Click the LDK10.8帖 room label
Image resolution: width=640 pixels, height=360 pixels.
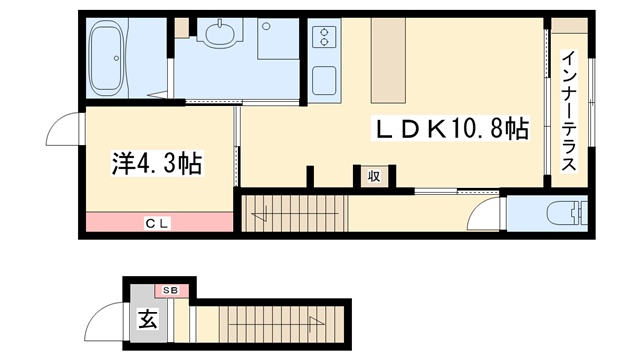coord(451,128)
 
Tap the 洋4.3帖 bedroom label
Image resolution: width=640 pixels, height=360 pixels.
coord(158,164)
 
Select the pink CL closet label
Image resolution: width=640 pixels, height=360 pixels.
coord(157,223)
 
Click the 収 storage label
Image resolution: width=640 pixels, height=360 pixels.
coord(374,177)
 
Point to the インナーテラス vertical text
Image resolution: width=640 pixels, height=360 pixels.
coord(569,111)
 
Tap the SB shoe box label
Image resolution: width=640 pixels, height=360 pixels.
coord(171,291)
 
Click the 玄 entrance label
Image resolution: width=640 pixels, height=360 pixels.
coord(148,319)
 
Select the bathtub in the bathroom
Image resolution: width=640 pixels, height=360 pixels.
coord(106,58)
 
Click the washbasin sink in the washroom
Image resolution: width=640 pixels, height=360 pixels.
coord(220,32)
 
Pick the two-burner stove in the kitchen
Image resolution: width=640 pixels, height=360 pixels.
coord(324,36)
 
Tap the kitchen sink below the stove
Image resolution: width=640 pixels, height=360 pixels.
coord(324,80)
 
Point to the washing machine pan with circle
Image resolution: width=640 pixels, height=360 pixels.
coord(278,39)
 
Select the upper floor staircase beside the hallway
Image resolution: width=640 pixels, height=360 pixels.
coord(294,213)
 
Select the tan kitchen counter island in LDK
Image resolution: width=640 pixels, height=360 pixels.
coord(388,60)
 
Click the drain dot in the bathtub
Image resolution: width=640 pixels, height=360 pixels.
coord(116,58)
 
